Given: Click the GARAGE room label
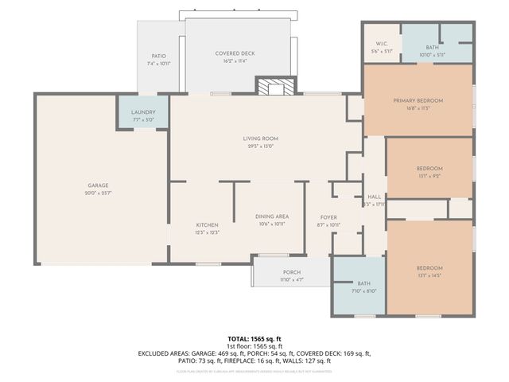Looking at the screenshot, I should tap(99, 185).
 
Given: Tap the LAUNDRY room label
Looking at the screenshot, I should tap(143, 112).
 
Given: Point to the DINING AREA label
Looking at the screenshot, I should tap(271, 216).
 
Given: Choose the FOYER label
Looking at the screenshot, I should tap(329, 217).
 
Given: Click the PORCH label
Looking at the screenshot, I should tap(291, 272).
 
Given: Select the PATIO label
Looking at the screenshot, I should tap(159, 56).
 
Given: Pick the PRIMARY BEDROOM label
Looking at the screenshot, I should tap(418, 100).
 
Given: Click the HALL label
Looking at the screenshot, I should tap(374, 197).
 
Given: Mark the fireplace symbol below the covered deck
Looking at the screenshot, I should tap(274, 86).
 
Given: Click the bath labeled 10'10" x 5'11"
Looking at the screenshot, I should tap(432, 48).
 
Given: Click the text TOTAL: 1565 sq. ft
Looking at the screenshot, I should tap(254, 339).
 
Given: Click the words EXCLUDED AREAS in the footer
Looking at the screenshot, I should tap(165, 353).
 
